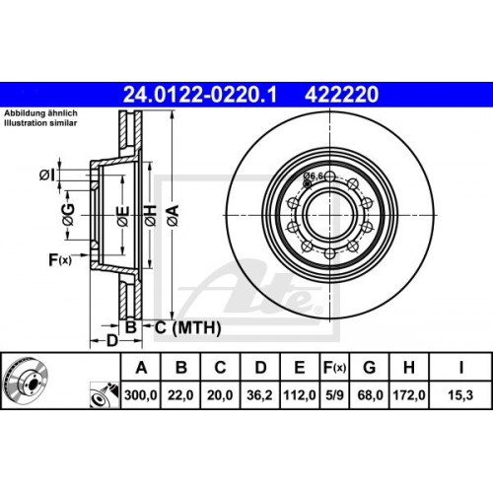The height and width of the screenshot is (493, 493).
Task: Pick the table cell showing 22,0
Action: (x=180, y=396)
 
